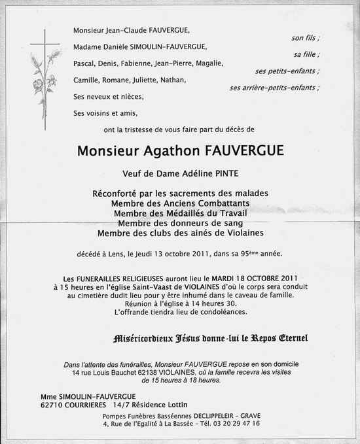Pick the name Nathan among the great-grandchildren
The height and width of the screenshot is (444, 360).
coord(172,80)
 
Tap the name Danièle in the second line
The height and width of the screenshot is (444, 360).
coord(118,46)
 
